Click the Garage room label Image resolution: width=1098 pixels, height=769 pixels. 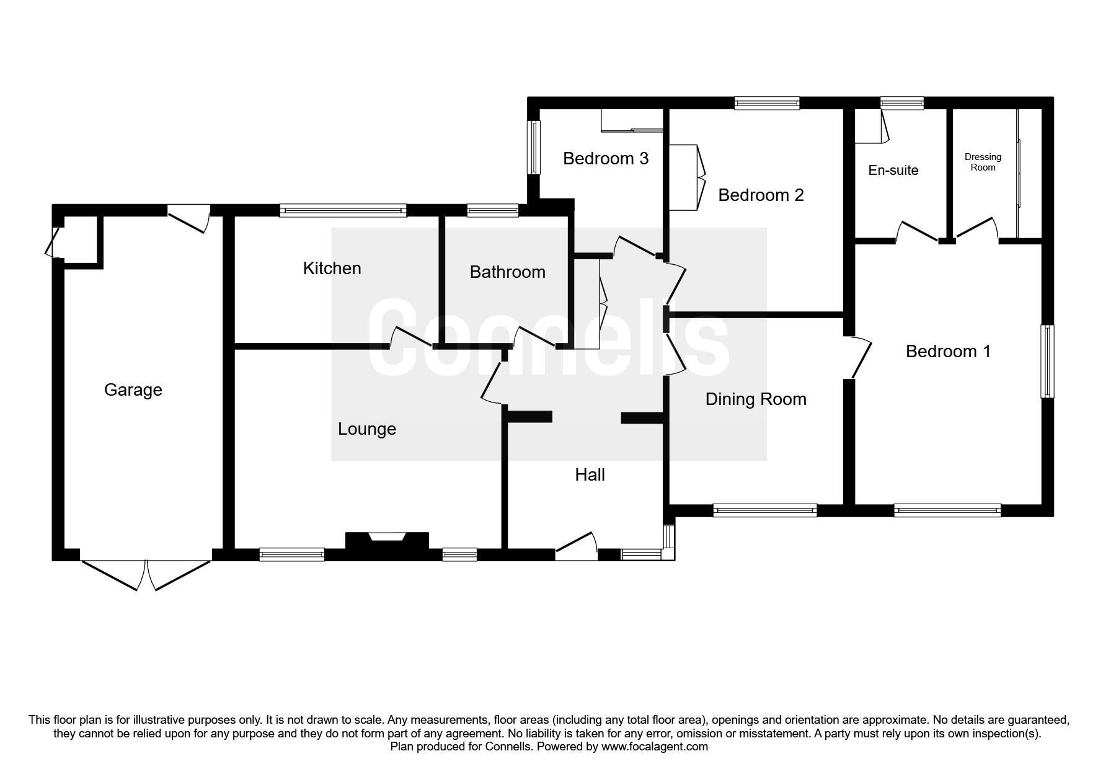pos(133,389)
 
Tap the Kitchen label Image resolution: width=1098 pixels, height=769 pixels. pos(332,268)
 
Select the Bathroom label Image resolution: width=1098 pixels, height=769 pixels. pos(507,272)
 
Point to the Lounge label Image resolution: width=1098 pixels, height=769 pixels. pos(367,429)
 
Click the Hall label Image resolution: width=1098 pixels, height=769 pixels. pos(590,474)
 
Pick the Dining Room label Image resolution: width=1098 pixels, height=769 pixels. pos(756,399)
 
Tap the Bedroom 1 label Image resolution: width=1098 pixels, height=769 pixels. pos(948,351)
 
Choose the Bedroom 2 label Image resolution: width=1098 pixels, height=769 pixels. pos(761,195)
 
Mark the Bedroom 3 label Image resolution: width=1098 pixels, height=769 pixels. pos(606,158)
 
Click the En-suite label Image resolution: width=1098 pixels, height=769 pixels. pos(893,170)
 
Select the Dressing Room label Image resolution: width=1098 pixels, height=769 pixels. pos(983,162)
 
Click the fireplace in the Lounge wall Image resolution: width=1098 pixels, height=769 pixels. pos(387,539)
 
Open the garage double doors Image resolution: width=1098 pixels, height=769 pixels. pos(146,574)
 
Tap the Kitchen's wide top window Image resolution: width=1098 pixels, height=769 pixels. pos(343,211)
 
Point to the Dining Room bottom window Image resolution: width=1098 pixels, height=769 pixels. pos(764,510)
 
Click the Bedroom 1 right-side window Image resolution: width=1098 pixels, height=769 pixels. pos(1047,362)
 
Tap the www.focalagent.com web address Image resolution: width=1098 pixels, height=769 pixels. pos(655,747)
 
